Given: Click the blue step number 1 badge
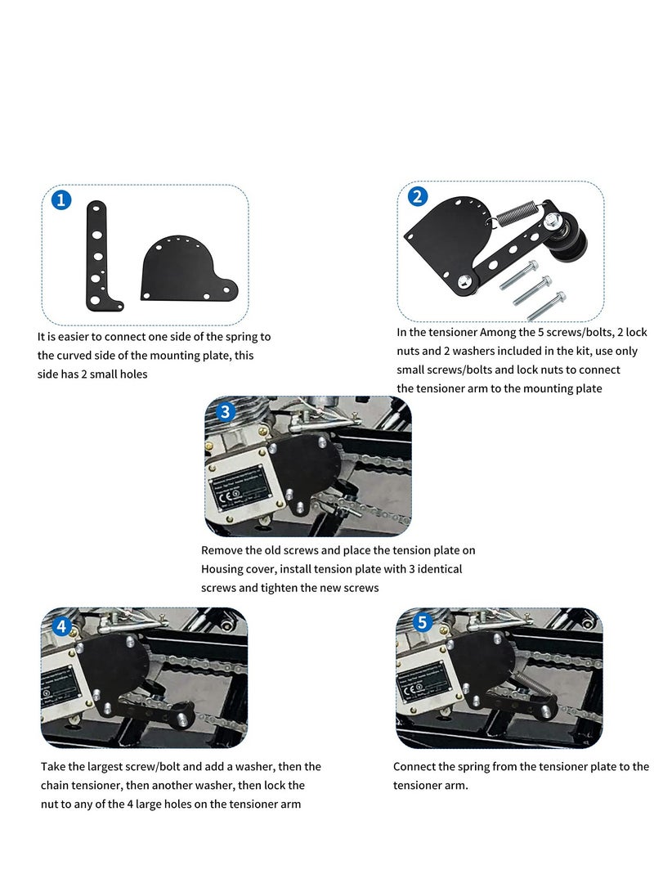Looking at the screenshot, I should pos(61,200).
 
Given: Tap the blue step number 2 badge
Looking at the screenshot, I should pos(418,196).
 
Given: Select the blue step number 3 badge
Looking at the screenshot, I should pos(226,412).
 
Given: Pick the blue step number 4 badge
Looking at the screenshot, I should pos(62,626).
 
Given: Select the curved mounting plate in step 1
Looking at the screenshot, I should pos(184,270).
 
